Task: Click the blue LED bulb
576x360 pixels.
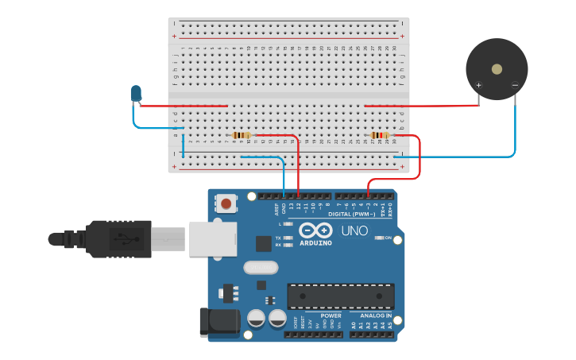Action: [137, 94]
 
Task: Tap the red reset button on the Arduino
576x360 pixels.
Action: [227, 203]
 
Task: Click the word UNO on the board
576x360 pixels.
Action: [354, 231]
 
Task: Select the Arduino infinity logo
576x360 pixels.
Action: [315, 231]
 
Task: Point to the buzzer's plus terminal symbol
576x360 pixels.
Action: [478, 85]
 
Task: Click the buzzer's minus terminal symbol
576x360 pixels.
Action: [515, 85]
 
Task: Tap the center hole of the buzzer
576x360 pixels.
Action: [497, 69]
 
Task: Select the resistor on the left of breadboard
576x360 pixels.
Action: [242, 135]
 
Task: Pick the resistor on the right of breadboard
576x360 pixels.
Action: [381, 135]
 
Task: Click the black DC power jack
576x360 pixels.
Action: [218, 320]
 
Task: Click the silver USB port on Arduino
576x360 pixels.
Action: [213, 238]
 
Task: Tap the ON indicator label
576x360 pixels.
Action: [389, 238]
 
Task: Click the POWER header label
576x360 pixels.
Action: [331, 315]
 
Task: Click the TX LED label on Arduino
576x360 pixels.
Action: [278, 238]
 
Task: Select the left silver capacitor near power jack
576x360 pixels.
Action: [256, 319]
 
